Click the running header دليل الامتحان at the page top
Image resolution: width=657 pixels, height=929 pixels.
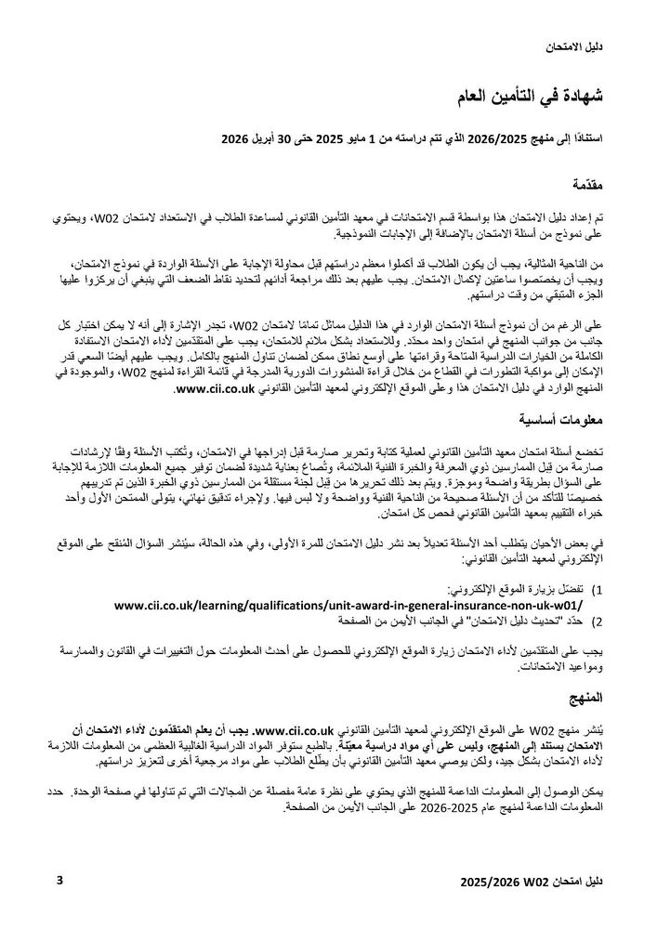(x=572, y=46)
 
